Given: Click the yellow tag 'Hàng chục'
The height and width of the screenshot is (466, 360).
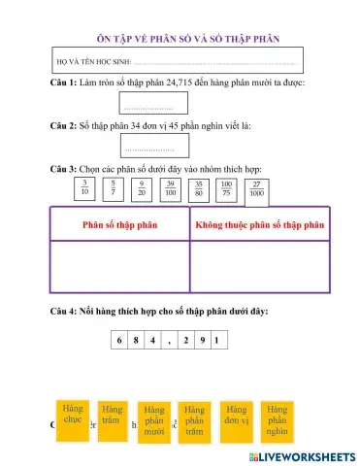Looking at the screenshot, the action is click(73, 416).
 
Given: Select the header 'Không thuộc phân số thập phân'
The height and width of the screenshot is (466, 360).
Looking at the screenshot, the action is click(259, 223).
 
